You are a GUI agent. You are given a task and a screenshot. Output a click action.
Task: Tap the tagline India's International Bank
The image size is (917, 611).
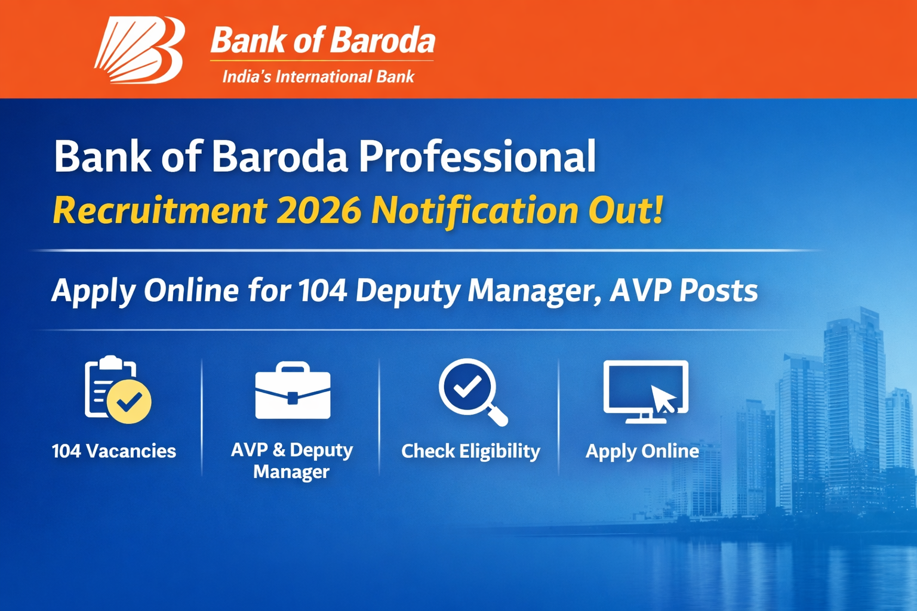318,77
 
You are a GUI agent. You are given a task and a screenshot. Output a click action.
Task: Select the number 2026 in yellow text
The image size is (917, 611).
319,211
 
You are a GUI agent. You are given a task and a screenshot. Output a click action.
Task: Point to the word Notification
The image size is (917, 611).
475,211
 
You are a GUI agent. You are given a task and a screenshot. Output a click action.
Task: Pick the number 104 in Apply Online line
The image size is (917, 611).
322,291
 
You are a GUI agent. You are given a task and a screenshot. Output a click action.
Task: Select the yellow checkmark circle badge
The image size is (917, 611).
129,402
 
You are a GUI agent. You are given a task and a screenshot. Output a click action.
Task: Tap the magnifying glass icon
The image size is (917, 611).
472,391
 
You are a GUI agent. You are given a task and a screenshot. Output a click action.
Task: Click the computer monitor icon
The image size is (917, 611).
645,391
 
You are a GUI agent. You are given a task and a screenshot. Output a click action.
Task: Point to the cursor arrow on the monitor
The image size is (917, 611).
664,399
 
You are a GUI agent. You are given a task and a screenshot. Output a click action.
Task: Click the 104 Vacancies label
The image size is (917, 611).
114,451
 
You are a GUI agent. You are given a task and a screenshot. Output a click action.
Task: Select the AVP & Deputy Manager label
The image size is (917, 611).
292,461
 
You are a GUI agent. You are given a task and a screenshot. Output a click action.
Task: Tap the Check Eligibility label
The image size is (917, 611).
470,451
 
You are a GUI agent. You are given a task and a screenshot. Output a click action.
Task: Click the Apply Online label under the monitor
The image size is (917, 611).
642,451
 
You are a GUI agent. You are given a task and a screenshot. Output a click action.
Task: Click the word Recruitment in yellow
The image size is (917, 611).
160,211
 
